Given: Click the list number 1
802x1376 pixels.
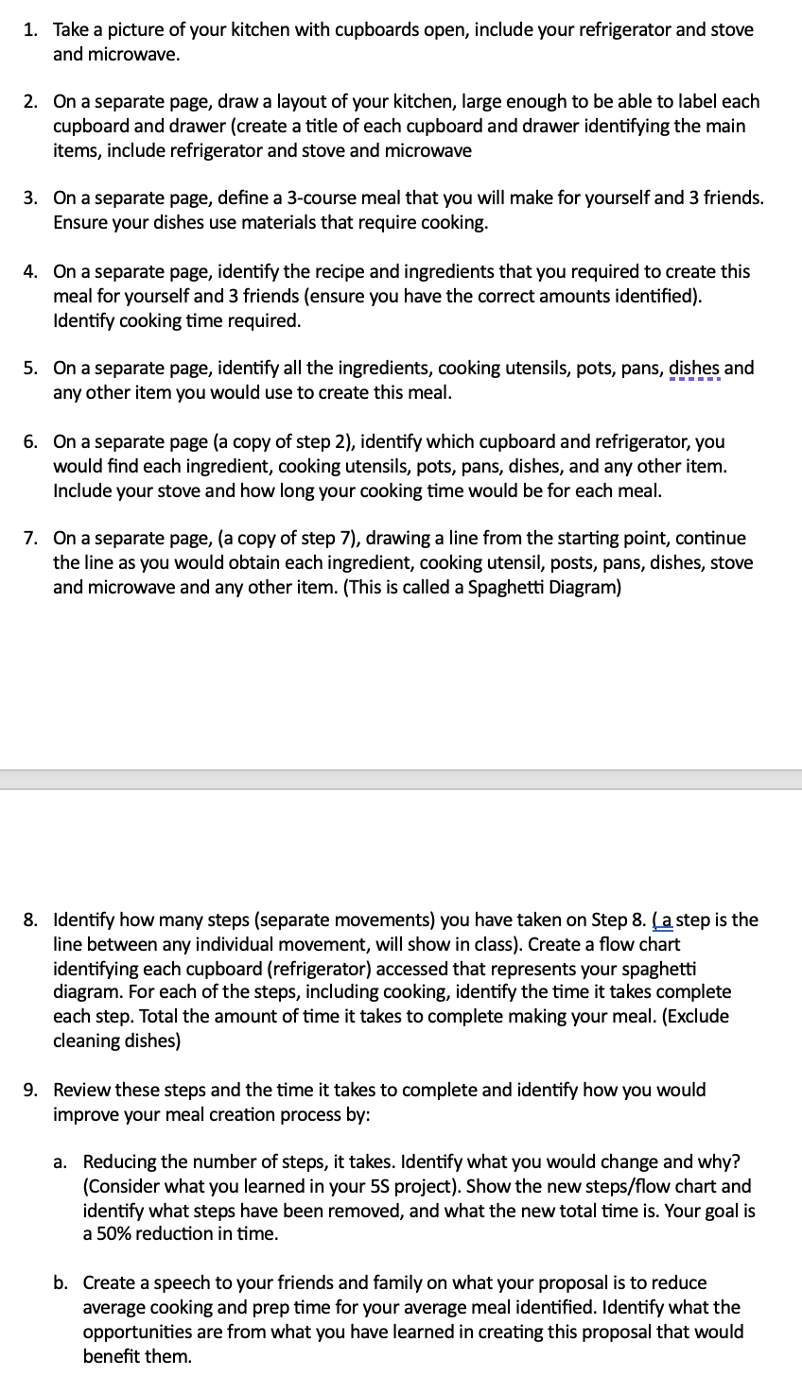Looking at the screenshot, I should click(29, 30).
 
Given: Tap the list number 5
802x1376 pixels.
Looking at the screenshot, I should click(29, 368).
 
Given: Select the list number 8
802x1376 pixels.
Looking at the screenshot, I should click(29, 920).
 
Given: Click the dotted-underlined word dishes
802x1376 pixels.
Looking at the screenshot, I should click(694, 368).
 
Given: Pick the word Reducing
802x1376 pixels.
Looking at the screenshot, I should click(118, 1161).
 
